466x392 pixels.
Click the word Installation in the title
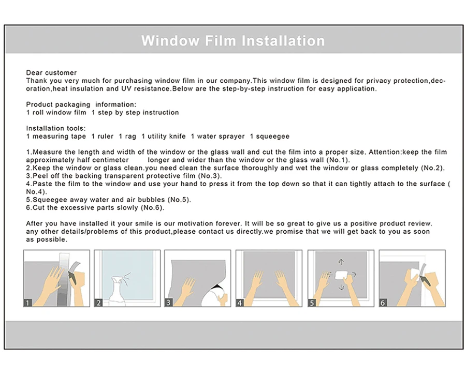coord(283,41)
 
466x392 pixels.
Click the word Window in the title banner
coord(170,41)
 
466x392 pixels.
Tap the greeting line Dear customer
coord(51,73)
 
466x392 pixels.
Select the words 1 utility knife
coord(164,136)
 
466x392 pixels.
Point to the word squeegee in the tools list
coord(272,137)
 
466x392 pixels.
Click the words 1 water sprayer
coord(218,137)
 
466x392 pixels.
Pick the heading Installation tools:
coord(56,128)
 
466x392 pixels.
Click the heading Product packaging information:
coord(81,104)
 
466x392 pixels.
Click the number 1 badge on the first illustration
coord(27,303)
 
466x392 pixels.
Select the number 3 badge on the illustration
coord(168,303)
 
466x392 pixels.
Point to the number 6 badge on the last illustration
coord(383,303)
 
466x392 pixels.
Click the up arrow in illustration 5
coord(341,262)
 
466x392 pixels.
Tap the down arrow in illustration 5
coord(341,287)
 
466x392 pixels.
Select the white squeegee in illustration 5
coord(341,275)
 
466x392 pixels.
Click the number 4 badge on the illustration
coord(240,303)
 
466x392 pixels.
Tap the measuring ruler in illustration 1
coord(63,279)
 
